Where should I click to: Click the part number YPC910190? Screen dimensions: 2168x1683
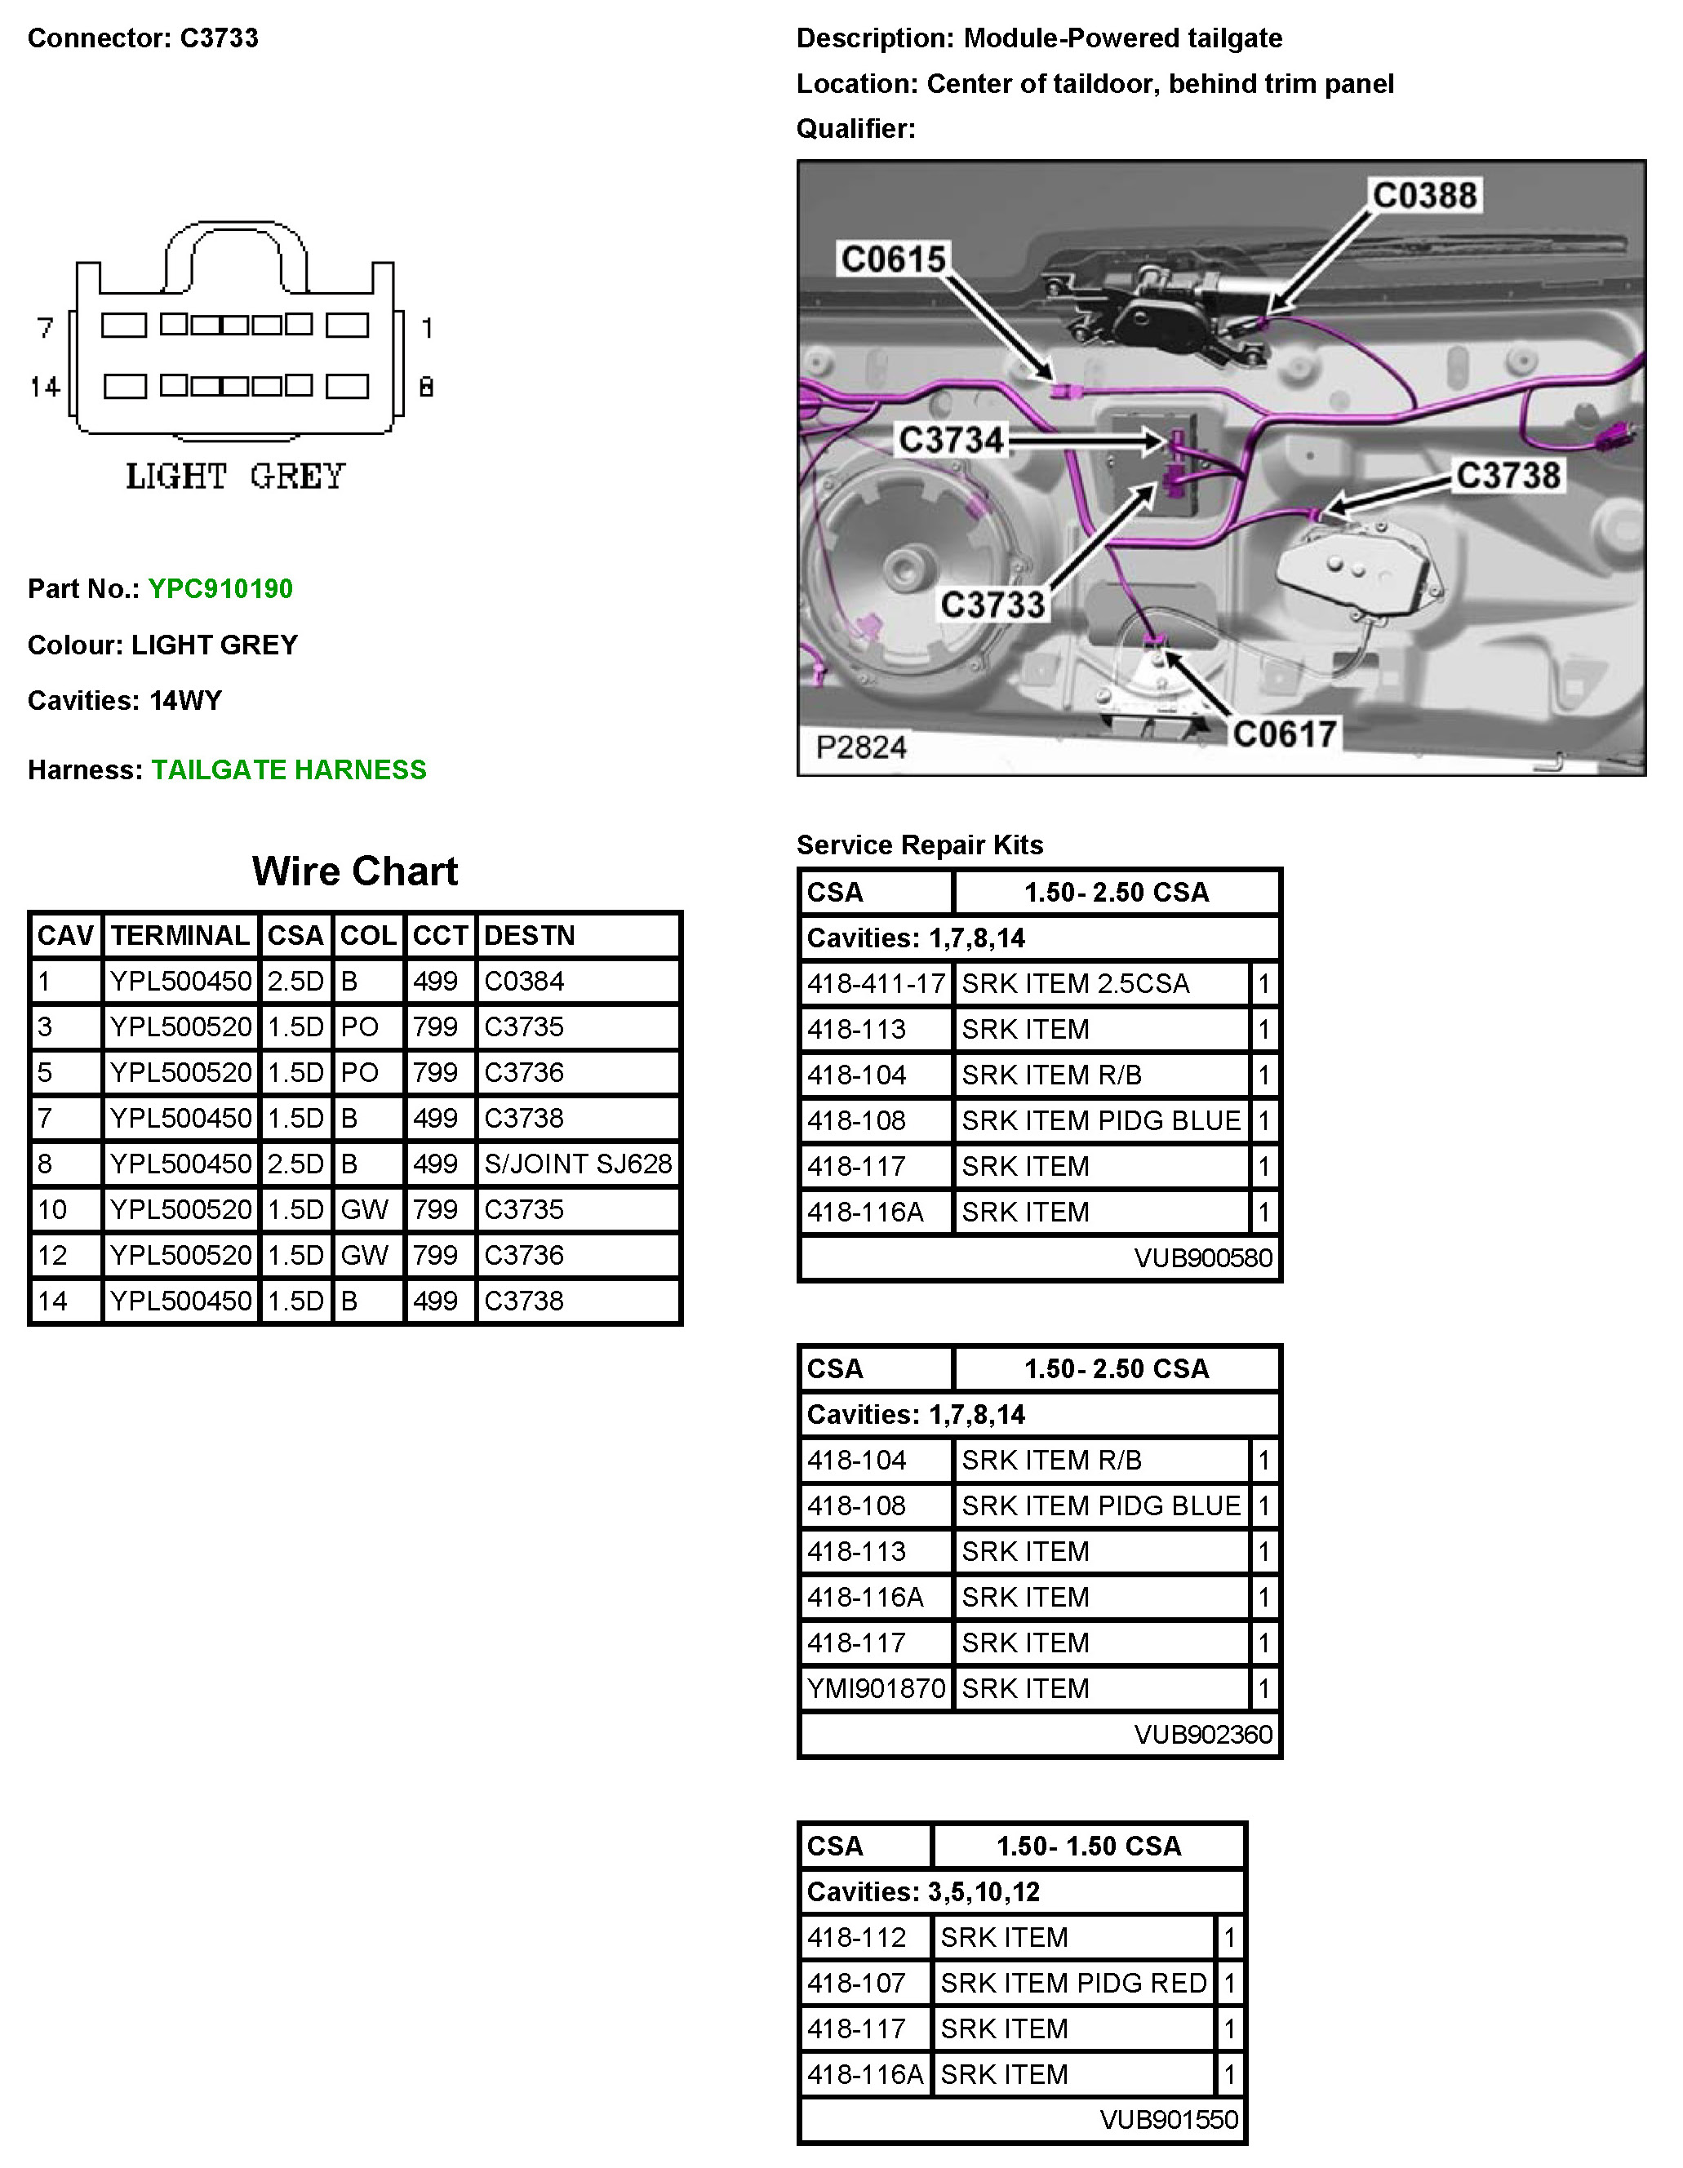220,588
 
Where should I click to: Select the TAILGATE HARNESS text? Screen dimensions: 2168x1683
288,769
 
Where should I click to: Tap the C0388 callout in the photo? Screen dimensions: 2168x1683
1423,196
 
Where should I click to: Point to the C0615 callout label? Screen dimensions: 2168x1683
893,259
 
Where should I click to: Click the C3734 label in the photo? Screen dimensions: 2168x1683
950,440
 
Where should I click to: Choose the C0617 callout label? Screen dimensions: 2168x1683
1284,734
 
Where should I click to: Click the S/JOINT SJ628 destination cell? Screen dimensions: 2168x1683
578,1164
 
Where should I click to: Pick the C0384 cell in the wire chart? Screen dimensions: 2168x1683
523,981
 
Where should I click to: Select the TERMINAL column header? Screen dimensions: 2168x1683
180,935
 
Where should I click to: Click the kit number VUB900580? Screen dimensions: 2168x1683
1202,1257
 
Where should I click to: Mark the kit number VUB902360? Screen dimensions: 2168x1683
1202,1734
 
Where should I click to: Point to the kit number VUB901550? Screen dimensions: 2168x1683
1169,2119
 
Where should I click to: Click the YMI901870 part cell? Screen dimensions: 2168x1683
876,1688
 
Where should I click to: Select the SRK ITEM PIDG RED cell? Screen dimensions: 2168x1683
1072,1983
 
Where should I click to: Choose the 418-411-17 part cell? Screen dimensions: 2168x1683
876,984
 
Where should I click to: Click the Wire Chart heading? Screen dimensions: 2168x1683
354,871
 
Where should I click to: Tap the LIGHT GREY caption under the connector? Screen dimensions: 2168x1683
235,477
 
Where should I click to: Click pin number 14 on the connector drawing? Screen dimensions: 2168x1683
45,386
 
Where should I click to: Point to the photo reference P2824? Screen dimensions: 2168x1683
861,747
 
